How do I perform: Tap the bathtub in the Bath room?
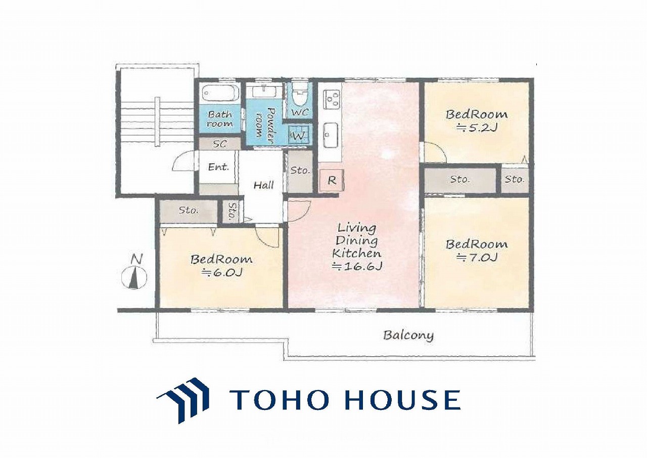click(219, 93)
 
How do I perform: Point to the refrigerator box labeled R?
click(332, 180)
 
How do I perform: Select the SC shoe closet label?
click(219, 144)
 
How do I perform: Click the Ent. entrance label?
click(218, 167)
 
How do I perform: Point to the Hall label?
click(263, 185)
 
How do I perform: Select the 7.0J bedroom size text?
click(477, 257)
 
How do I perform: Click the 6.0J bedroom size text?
click(221, 272)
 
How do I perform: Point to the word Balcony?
click(409, 336)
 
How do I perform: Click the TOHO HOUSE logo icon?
click(183, 400)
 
